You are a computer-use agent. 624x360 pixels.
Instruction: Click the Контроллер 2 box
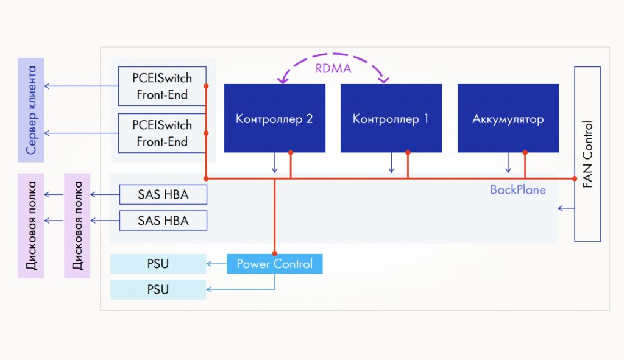[274, 118]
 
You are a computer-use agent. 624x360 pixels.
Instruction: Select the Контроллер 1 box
[391, 118]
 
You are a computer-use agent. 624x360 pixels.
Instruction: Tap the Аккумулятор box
[508, 118]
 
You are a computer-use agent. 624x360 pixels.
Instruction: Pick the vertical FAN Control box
[587, 154]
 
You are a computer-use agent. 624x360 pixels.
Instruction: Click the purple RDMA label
[333, 68]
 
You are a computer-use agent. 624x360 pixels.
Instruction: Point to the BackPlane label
[518, 190]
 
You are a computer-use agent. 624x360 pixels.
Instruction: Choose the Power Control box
[274, 264]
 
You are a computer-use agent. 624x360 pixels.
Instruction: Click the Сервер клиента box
[31, 110]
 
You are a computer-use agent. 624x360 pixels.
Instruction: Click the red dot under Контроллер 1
[408, 152]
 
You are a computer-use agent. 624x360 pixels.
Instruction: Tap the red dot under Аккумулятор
[525, 152]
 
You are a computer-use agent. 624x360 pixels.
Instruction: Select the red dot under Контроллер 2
[291, 152]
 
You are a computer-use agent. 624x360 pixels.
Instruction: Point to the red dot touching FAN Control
[574, 178]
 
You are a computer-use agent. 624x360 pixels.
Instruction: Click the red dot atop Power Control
[275, 253]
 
